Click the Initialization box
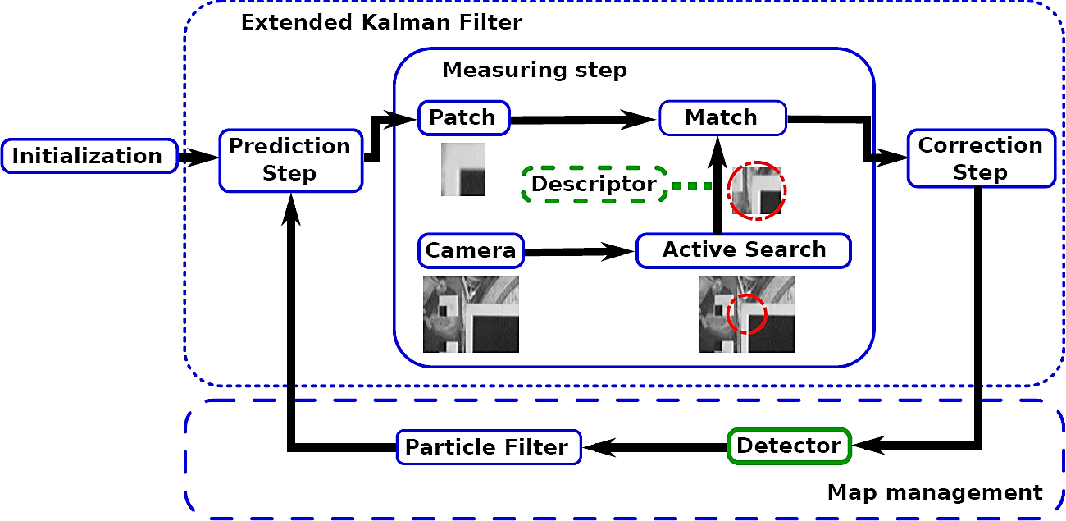[x=89, y=156]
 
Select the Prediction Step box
[x=289, y=160]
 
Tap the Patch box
[x=463, y=117]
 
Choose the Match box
[x=722, y=117]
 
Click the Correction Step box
[x=980, y=159]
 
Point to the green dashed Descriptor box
[x=594, y=185]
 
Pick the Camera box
[x=471, y=251]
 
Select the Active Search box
[x=744, y=250]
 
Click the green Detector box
[x=788, y=446]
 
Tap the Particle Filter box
[x=487, y=447]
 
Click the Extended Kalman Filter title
[x=380, y=22]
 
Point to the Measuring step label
[x=534, y=70]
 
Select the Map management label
[x=934, y=492]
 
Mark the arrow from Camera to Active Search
[x=579, y=253]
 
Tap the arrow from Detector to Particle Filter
[x=654, y=447]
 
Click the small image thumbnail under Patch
[x=463, y=170]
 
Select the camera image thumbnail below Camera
[x=471, y=314]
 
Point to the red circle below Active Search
[x=746, y=314]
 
